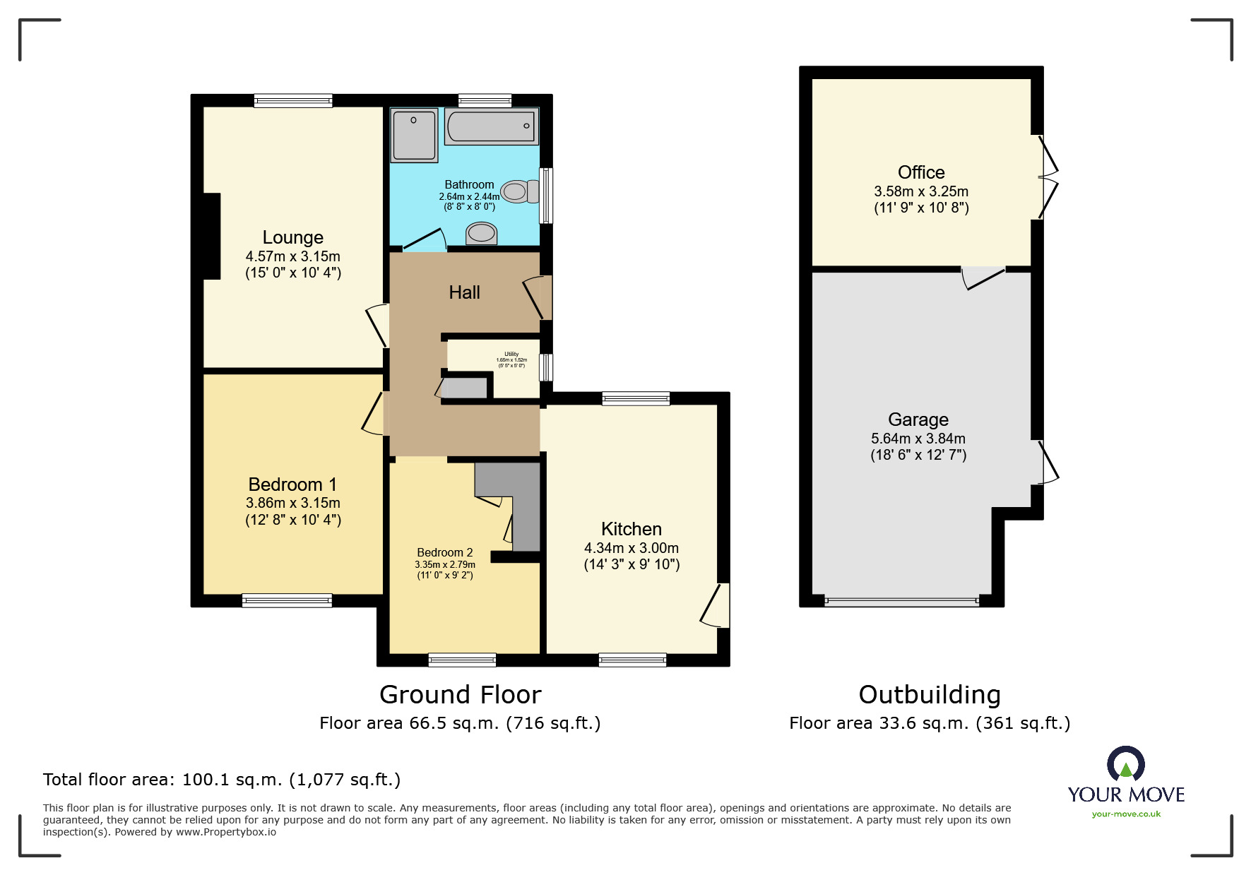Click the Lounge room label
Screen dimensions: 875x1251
point(292,237)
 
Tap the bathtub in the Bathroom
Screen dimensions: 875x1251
point(491,126)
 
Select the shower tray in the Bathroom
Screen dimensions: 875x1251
point(415,135)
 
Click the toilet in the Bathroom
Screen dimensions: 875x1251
point(520,191)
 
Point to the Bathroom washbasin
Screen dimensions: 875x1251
point(482,232)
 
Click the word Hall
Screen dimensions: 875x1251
point(464,292)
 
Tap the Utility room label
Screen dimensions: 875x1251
point(511,355)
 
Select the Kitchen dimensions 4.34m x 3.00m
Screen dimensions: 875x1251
point(631,548)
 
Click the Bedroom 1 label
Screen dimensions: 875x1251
point(292,484)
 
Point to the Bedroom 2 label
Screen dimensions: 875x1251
point(444,552)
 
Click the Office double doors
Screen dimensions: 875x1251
point(1048,177)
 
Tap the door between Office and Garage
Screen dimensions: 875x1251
point(983,277)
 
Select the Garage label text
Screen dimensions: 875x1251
point(918,419)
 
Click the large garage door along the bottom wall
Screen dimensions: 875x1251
point(901,602)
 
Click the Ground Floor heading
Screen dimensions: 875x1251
point(460,695)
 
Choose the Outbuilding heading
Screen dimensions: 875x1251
point(929,695)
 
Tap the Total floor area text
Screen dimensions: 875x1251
point(221,780)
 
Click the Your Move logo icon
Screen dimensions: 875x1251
point(1125,765)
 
